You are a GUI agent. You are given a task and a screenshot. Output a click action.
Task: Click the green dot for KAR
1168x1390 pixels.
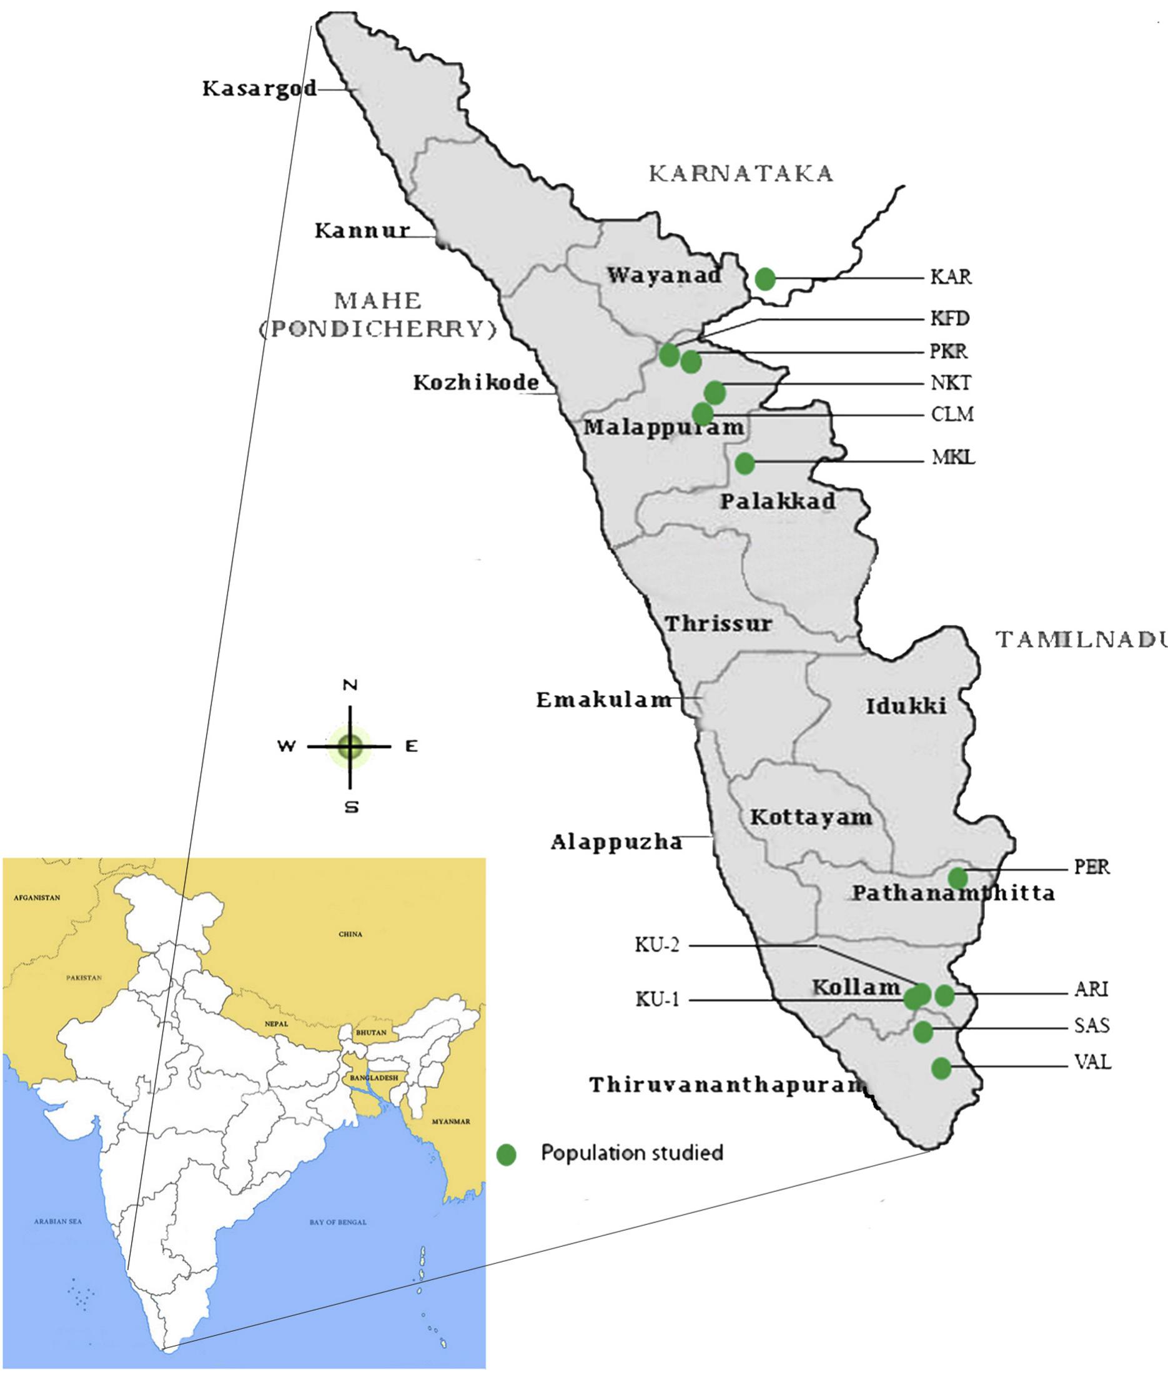click(765, 279)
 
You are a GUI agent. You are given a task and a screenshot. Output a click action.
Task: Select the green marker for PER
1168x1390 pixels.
click(958, 878)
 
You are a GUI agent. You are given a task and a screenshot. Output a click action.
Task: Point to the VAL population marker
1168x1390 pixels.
click(941, 1068)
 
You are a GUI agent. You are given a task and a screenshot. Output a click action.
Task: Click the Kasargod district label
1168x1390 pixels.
click(259, 88)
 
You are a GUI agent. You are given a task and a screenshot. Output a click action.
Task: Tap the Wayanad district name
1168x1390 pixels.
click(664, 275)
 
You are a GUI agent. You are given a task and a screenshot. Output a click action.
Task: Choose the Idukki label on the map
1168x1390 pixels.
click(906, 706)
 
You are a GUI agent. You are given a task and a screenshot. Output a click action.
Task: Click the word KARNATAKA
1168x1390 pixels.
click(740, 174)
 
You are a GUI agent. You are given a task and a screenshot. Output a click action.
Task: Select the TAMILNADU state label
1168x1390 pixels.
click(1082, 639)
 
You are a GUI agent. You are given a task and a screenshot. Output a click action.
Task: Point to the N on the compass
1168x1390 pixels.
click(350, 685)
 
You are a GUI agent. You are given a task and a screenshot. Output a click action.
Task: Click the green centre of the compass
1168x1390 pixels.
click(350, 747)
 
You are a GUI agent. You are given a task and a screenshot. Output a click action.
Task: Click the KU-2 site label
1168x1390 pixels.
click(657, 945)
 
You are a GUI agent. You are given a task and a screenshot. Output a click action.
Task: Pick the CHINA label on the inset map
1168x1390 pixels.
click(350, 934)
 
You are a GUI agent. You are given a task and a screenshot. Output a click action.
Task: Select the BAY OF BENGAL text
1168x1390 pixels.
click(338, 1222)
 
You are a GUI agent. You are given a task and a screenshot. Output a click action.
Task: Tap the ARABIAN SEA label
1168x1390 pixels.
click(57, 1221)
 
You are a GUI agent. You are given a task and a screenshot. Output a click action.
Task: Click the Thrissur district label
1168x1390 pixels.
click(718, 624)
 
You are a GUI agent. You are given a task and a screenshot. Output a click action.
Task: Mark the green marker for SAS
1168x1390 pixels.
click(923, 1032)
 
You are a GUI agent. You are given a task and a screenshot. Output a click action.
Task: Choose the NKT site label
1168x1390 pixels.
click(951, 383)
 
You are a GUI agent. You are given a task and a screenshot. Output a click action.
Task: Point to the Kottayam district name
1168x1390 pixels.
click(811, 817)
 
